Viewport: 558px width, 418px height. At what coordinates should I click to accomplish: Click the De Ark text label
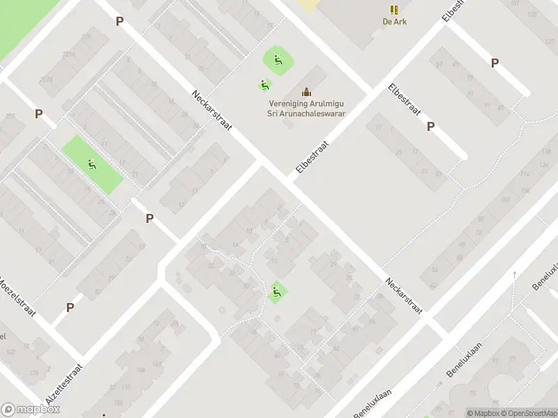(x=395, y=22)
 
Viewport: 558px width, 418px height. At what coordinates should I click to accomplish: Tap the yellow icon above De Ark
(x=395, y=10)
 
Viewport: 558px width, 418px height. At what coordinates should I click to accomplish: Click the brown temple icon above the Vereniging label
(x=306, y=91)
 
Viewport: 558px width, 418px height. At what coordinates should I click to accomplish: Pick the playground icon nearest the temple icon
(x=264, y=86)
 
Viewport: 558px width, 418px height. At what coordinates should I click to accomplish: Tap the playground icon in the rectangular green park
(x=91, y=165)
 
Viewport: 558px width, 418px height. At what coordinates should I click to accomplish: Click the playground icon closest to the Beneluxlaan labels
(x=277, y=292)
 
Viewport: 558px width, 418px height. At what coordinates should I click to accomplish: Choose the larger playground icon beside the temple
(x=278, y=61)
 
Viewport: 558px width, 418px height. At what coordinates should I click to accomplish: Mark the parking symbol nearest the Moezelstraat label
(x=70, y=307)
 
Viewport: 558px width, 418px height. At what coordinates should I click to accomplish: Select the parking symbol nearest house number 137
(x=495, y=63)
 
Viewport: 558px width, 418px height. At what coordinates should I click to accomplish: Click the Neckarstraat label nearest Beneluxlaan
(x=405, y=297)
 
